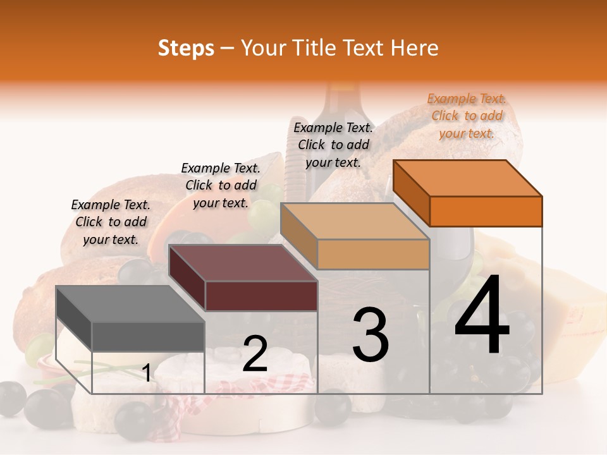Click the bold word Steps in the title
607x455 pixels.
coord(186,48)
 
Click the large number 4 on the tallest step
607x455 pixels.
coord(482,316)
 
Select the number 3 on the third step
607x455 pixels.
coord(371,335)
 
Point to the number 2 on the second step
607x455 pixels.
coord(255,355)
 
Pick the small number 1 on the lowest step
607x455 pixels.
coord(146,373)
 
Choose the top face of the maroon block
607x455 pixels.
coord(243,263)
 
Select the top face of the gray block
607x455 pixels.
coord(130,304)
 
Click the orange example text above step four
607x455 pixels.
coord(467,116)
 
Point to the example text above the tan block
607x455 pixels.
coord(333,145)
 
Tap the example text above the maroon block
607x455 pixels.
coord(221,185)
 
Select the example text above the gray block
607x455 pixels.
coord(111,222)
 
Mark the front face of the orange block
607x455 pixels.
coord(486,211)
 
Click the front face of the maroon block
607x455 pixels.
coord(261,296)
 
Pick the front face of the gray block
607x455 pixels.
coord(148,336)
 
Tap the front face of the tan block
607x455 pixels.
coord(373,255)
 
